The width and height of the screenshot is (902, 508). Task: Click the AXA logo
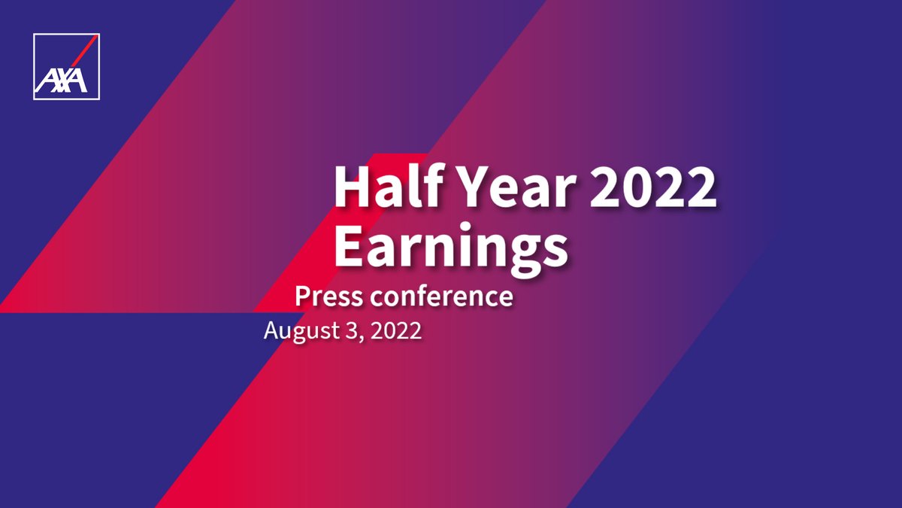coord(66,66)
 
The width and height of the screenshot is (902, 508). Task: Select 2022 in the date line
coord(394,330)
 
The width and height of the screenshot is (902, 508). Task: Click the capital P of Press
coord(303,296)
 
